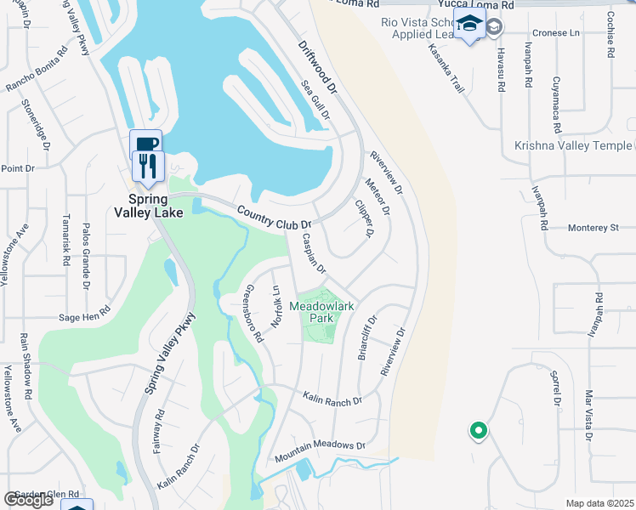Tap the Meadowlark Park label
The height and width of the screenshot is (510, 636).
(x=321, y=312)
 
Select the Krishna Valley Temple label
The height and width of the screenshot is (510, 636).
(x=573, y=145)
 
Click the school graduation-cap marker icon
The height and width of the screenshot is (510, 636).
(x=468, y=25)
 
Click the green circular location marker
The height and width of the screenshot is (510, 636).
(x=478, y=432)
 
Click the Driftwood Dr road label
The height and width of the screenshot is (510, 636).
(x=318, y=65)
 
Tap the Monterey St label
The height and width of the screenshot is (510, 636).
(x=592, y=228)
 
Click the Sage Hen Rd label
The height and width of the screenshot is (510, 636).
(x=83, y=314)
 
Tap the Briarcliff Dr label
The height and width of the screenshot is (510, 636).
(x=366, y=339)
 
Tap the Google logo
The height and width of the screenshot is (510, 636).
(x=28, y=500)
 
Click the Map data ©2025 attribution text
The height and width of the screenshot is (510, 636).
(x=600, y=503)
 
